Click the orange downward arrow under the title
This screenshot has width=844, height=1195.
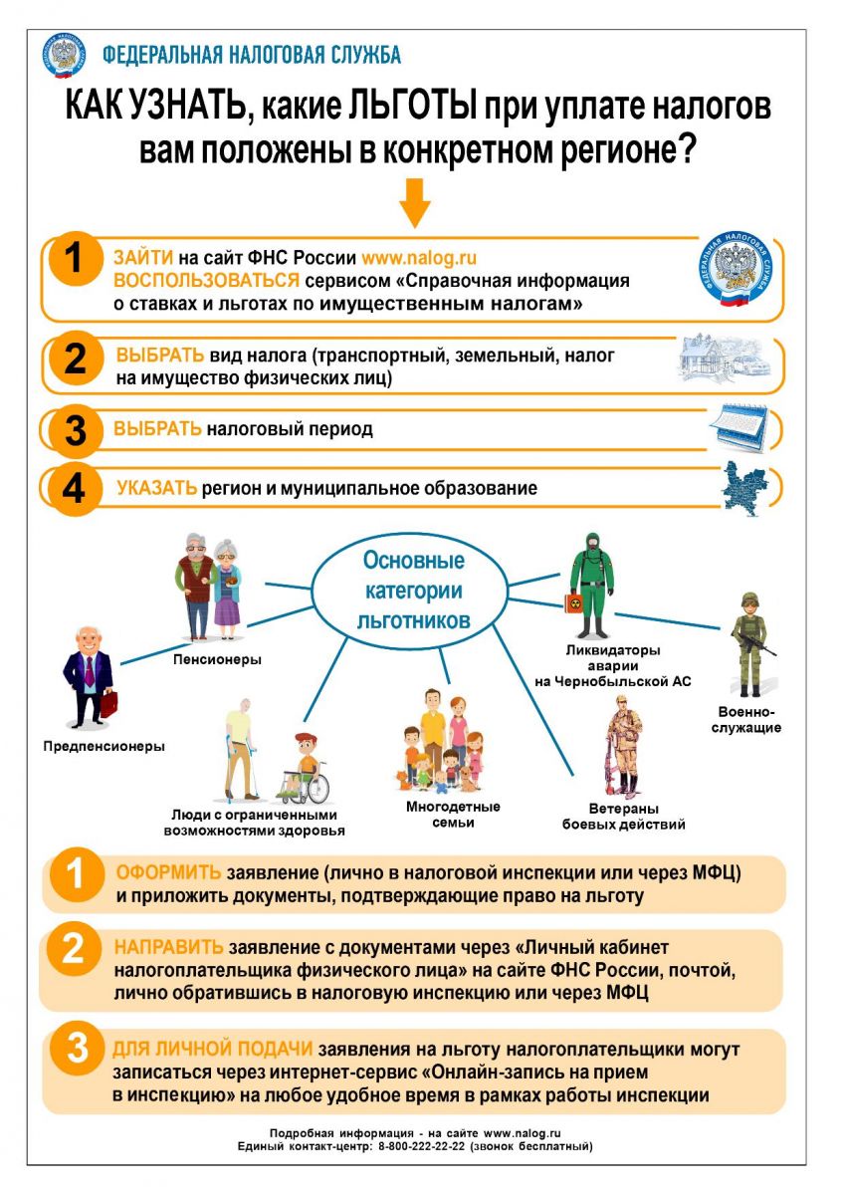(x=415, y=203)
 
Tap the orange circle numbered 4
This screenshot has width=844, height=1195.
(x=75, y=489)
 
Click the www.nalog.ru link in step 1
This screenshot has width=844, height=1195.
(x=419, y=258)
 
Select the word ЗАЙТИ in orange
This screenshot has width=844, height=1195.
(x=143, y=258)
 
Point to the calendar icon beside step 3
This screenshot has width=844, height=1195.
(x=738, y=428)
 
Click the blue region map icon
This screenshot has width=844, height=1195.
(x=745, y=489)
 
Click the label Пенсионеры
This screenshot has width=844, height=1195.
(x=217, y=660)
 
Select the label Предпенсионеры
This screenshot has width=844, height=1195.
(x=104, y=746)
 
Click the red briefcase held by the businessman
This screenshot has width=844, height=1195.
(x=108, y=703)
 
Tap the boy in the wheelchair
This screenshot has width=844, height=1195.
(x=303, y=768)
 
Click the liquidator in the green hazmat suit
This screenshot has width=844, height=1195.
(x=590, y=586)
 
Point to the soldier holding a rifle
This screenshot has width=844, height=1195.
(x=752, y=644)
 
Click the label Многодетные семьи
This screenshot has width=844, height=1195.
(x=453, y=815)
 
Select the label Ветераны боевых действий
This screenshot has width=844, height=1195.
(x=623, y=817)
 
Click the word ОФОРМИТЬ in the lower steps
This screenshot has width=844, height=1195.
(x=168, y=872)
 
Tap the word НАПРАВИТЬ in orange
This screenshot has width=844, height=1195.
(x=168, y=947)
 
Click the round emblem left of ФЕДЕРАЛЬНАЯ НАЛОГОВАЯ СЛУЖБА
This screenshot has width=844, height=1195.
(x=64, y=55)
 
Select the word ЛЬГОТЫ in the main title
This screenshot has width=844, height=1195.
(x=413, y=106)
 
